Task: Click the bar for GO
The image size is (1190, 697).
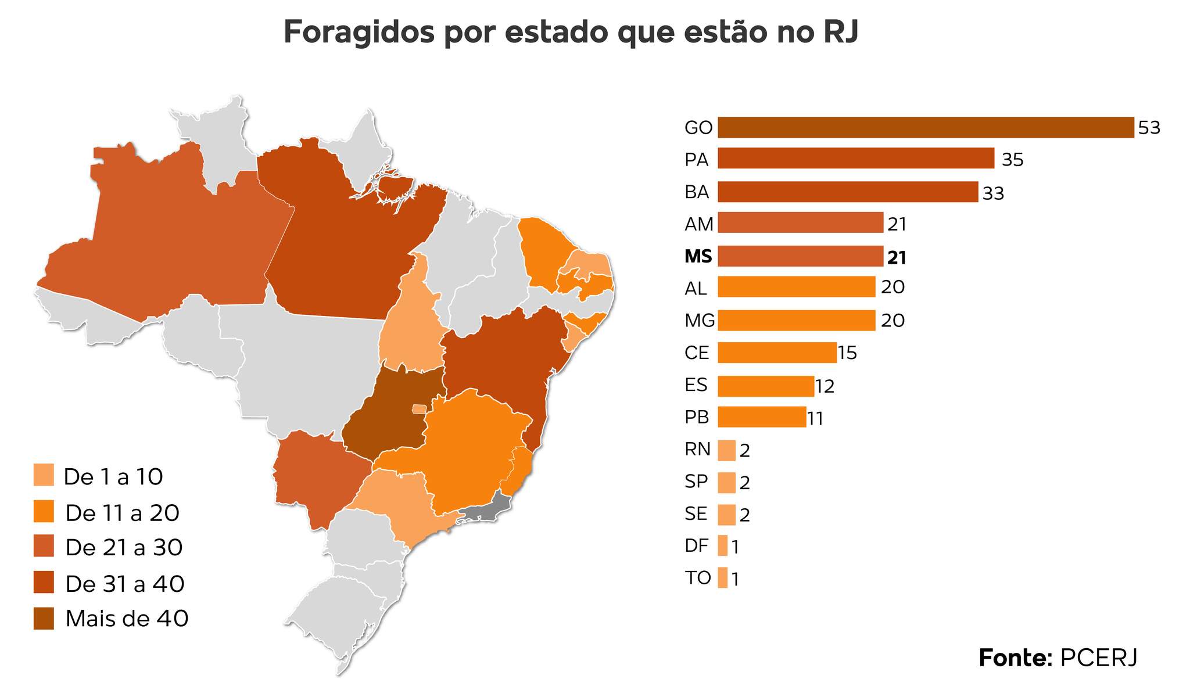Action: (925, 128)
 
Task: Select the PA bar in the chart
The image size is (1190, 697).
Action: (855, 159)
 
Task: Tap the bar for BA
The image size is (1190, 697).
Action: (847, 192)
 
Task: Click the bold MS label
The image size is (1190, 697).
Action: (698, 256)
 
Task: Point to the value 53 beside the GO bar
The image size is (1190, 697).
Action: (1149, 128)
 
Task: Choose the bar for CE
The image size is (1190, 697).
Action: (776, 353)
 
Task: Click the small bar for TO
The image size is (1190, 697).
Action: (722, 578)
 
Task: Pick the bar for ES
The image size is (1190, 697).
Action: (765, 386)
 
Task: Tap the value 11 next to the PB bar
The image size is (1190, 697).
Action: (815, 419)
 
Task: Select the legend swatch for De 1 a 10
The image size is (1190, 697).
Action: (44, 475)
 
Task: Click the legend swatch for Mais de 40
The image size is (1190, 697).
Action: (44, 619)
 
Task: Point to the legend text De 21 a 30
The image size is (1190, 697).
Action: (124, 548)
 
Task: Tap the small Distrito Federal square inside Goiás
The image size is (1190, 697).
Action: (418, 409)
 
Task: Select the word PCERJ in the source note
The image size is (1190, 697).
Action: (1098, 658)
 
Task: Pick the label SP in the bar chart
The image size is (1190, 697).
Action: (696, 482)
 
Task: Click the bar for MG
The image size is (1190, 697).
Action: (796, 321)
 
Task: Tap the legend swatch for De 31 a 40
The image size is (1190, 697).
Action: (44, 583)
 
